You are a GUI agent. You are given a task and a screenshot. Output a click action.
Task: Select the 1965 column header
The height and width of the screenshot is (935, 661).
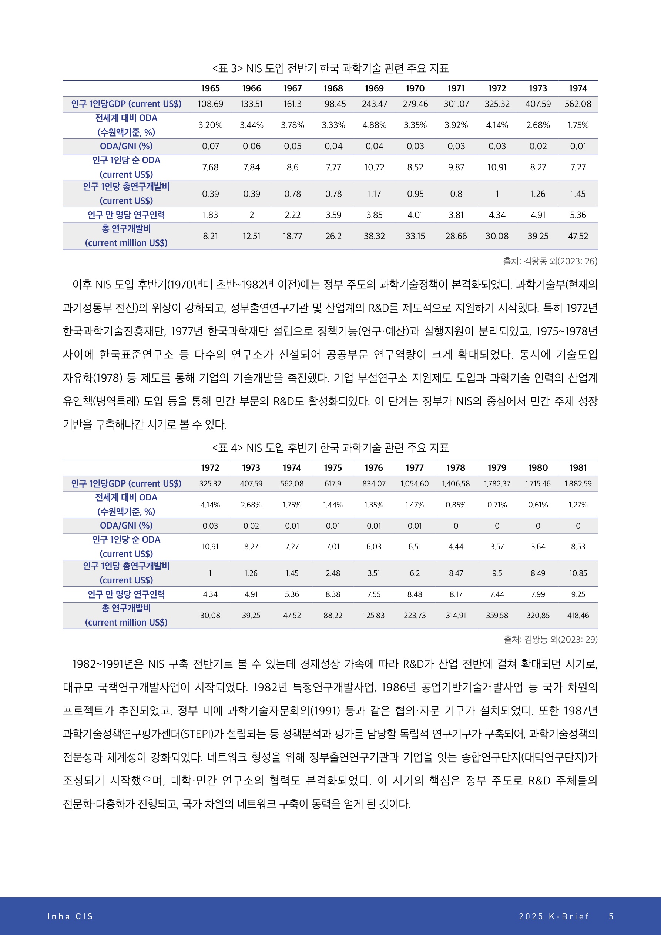click(x=210, y=88)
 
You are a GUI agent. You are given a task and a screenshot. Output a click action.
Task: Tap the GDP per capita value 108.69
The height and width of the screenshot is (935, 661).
click(x=210, y=104)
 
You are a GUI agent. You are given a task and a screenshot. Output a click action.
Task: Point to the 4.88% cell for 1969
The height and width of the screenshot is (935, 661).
click(x=374, y=125)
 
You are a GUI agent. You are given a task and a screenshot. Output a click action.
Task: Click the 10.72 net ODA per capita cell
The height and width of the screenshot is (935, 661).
click(x=374, y=167)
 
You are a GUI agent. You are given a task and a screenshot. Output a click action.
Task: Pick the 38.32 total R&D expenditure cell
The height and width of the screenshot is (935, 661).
click(x=374, y=236)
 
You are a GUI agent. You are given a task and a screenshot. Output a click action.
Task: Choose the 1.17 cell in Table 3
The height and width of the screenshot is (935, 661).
click(x=374, y=194)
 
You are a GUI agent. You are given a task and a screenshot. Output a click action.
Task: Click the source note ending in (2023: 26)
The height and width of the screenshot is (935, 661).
click(x=550, y=261)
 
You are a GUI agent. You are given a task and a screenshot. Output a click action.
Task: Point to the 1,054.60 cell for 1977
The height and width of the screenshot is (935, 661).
click(x=414, y=483)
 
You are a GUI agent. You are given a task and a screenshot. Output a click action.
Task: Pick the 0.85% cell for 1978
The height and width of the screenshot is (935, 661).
click(x=455, y=505)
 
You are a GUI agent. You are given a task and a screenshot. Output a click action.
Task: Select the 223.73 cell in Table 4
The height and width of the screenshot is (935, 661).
click(x=414, y=615)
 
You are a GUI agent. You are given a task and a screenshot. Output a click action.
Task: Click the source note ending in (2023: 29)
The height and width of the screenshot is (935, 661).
click(x=550, y=639)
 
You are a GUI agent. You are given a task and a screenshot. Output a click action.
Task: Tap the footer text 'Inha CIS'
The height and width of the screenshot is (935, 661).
click(x=70, y=916)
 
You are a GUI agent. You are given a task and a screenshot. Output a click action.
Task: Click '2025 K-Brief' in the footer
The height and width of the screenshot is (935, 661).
click(x=553, y=916)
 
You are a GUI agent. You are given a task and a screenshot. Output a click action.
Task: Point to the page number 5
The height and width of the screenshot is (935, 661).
click(x=611, y=916)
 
